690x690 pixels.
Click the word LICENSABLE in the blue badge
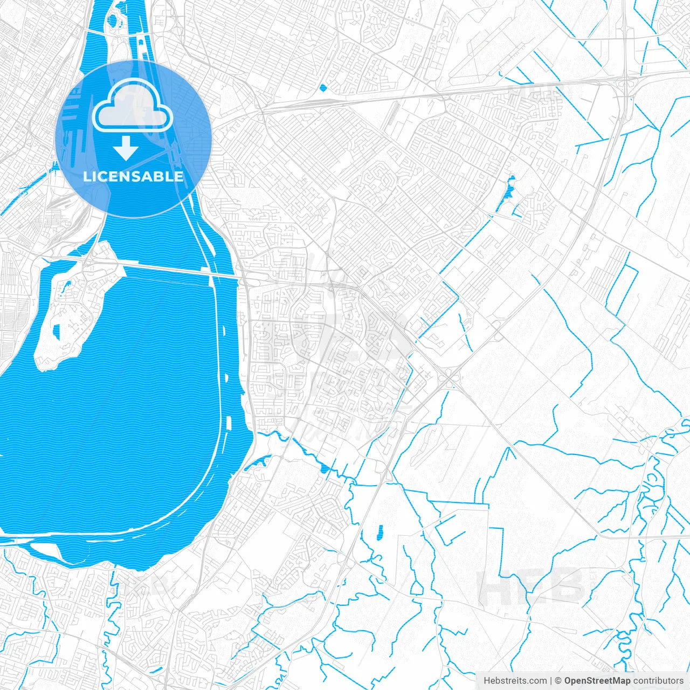coord(133,176)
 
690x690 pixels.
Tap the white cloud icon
coord(133,105)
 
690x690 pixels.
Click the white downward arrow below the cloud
coord(126,148)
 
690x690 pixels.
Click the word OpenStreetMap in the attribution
coord(597,681)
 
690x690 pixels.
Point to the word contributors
coord(658,681)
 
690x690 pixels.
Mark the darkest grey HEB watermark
coord(531,586)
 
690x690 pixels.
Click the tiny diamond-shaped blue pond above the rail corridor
coord(323,87)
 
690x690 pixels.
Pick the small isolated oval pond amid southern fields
coord(379,532)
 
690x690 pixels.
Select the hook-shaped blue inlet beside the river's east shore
coord(259,463)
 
